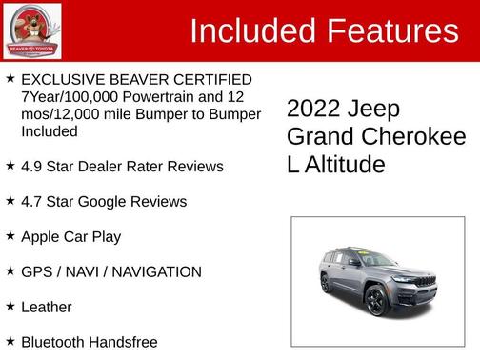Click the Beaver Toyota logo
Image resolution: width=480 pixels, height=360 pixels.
coord(32,30)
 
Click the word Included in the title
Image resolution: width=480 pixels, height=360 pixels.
coord(254,31)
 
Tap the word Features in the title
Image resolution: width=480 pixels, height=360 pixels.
coord(393,31)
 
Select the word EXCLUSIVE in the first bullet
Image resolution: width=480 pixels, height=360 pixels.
coord(65,79)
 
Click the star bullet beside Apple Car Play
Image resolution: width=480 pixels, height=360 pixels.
coord(10,236)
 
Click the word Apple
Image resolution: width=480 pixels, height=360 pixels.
coord(42,236)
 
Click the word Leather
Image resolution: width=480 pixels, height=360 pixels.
coord(47,307)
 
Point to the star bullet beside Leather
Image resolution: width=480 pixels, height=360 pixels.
coord(10,307)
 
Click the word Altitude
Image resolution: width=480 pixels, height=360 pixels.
coord(344,165)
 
